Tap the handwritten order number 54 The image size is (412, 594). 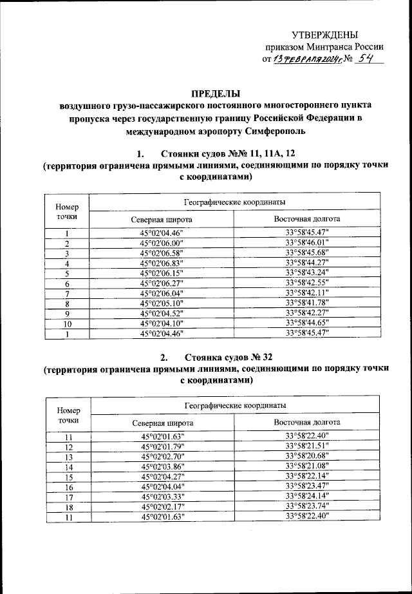(368, 59)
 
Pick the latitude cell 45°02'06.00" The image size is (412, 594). (162, 243)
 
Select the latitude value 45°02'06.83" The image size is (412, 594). (162, 263)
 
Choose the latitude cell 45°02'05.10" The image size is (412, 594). (162, 303)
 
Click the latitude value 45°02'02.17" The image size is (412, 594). (162, 507)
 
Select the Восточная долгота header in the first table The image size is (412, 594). (307, 218)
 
